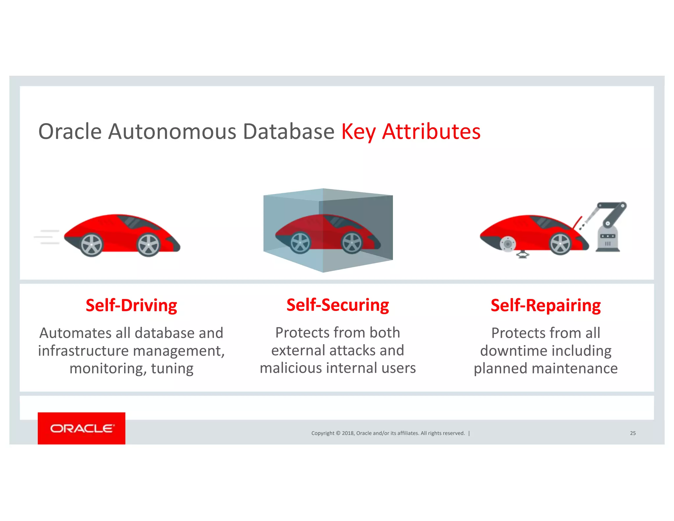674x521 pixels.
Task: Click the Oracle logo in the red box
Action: click(82, 428)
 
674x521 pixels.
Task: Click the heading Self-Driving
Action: click(131, 305)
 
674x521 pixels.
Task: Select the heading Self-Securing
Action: click(338, 305)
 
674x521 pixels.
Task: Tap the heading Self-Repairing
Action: click(546, 305)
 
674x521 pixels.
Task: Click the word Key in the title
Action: click(358, 132)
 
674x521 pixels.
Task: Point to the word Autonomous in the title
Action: click(172, 132)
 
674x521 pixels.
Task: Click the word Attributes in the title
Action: click(431, 132)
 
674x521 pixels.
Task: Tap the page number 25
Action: click(633, 433)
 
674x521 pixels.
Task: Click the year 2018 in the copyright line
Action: click(348, 433)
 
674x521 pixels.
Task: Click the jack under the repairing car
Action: click(522, 254)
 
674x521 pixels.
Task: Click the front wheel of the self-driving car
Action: click(148, 245)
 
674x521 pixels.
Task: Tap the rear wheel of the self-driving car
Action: click(92, 245)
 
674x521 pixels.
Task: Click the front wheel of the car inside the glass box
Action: click(352, 243)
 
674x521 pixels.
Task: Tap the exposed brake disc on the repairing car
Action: click(507, 244)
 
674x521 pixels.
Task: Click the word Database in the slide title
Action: click(288, 132)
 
